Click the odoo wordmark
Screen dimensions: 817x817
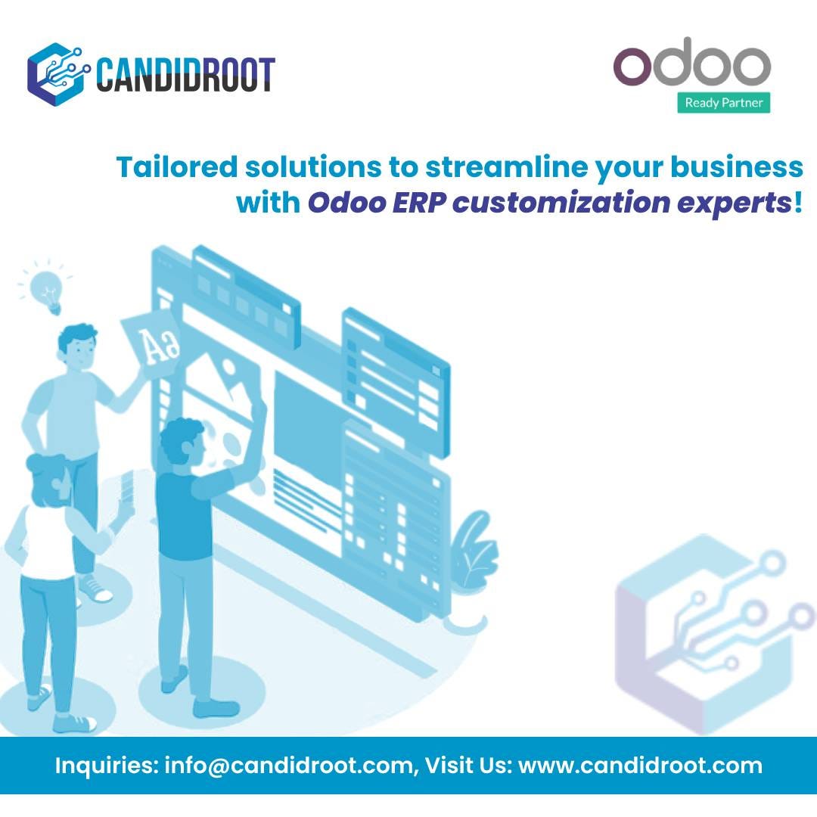point(691,65)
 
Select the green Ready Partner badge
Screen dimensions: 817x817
point(723,103)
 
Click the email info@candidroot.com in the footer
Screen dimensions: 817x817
point(288,766)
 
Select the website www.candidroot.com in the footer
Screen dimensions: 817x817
point(640,766)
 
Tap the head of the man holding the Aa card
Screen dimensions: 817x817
point(78,348)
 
